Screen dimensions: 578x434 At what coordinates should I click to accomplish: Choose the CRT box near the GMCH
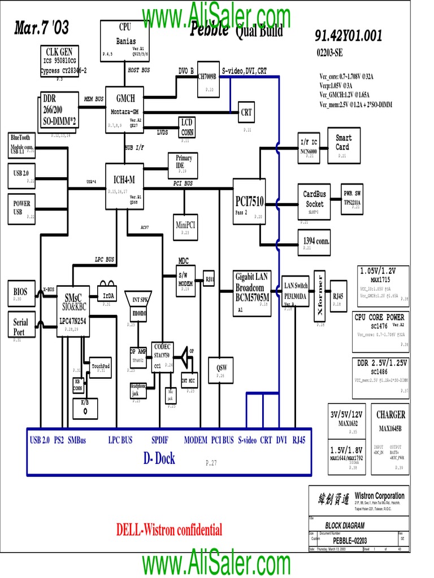(x=246, y=112)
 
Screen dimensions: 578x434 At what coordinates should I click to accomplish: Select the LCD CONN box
(x=188, y=127)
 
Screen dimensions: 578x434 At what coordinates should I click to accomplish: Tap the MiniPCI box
(x=185, y=225)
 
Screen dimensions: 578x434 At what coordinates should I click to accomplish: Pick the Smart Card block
(x=344, y=144)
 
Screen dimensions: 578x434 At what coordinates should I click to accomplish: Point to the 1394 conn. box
(x=315, y=242)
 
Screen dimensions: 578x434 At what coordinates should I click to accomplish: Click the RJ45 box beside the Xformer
(x=338, y=296)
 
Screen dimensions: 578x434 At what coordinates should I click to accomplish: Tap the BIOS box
(x=20, y=292)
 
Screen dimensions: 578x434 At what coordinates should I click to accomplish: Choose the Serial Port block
(x=20, y=326)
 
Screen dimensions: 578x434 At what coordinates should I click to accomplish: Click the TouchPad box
(x=97, y=367)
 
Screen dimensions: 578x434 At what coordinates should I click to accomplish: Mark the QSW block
(x=221, y=370)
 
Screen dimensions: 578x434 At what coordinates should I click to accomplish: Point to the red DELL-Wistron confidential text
(x=169, y=529)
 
